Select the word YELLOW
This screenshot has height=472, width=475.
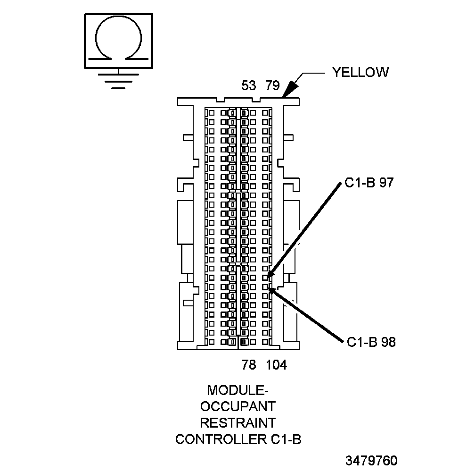[x=360, y=72]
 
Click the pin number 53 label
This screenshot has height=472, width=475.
[x=248, y=86]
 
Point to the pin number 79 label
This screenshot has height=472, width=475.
[x=272, y=86]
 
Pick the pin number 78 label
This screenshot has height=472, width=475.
[x=248, y=365]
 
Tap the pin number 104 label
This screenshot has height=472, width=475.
[x=277, y=365]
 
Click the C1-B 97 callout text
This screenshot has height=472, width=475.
[x=369, y=184]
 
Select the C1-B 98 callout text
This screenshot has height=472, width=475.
[x=371, y=342]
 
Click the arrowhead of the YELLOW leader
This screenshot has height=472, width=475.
[x=288, y=90]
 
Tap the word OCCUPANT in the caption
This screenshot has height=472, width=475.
[x=238, y=406]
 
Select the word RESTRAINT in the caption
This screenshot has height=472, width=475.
[x=238, y=422]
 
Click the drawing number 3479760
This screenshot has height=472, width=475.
[x=371, y=460]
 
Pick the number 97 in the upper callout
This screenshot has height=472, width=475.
[x=386, y=184]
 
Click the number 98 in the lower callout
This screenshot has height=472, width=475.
[x=388, y=342]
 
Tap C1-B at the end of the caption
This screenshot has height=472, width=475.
[x=286, y=439]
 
